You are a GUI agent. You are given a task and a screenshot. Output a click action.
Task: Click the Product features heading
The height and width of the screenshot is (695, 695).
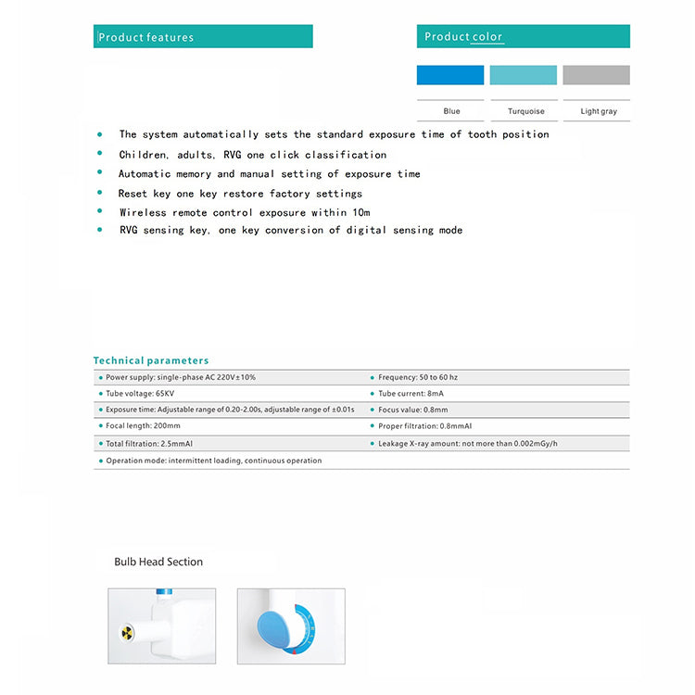coord(146,37)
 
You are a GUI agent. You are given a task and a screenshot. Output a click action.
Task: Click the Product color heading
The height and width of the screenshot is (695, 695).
coord(463,36)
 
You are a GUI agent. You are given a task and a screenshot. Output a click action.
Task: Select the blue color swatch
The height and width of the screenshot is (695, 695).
coord(450,75)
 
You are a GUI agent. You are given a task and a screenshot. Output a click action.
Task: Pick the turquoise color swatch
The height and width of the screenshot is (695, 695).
coord(524,75)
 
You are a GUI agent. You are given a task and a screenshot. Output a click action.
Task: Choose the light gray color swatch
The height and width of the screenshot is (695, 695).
coord(596,75)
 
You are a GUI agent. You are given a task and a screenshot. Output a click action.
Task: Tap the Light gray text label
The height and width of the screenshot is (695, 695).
coord(599,111)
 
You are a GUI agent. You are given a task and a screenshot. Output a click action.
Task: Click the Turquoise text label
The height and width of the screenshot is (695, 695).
coord(526,111)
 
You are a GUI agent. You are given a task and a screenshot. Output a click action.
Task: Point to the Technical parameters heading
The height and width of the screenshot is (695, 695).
coord(151,360)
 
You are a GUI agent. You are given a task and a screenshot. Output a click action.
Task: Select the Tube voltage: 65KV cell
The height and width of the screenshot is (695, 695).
coord(140,393)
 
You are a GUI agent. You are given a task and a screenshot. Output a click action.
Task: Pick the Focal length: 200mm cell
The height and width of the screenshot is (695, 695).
coord(144,426)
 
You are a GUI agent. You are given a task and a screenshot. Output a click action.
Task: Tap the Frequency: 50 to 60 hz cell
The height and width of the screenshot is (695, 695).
coord(418,377)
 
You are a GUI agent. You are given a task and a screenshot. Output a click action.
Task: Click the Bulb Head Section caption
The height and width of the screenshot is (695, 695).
coord(158,562)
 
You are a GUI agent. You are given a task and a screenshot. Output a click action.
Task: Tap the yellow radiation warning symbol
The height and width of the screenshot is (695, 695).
coord(128,633)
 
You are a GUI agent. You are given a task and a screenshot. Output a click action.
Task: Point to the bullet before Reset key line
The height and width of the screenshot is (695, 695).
coord(99,193)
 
